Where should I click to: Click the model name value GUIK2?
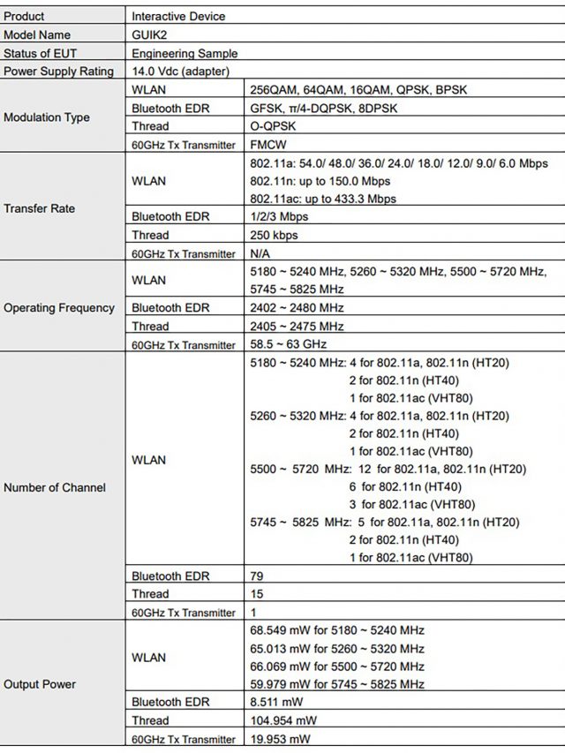[149, 34]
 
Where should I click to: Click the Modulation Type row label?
[46, 117]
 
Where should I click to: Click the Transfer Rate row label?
[40, 209]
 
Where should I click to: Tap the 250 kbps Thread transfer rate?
[275, 236]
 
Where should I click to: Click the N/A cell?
[261, 253]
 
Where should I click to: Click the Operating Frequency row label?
[59, 308]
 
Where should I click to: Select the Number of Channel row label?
[54, 487]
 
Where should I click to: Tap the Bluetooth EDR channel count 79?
[257, 576]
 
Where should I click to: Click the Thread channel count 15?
[257, 594]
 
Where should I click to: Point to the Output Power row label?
[40, 684]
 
